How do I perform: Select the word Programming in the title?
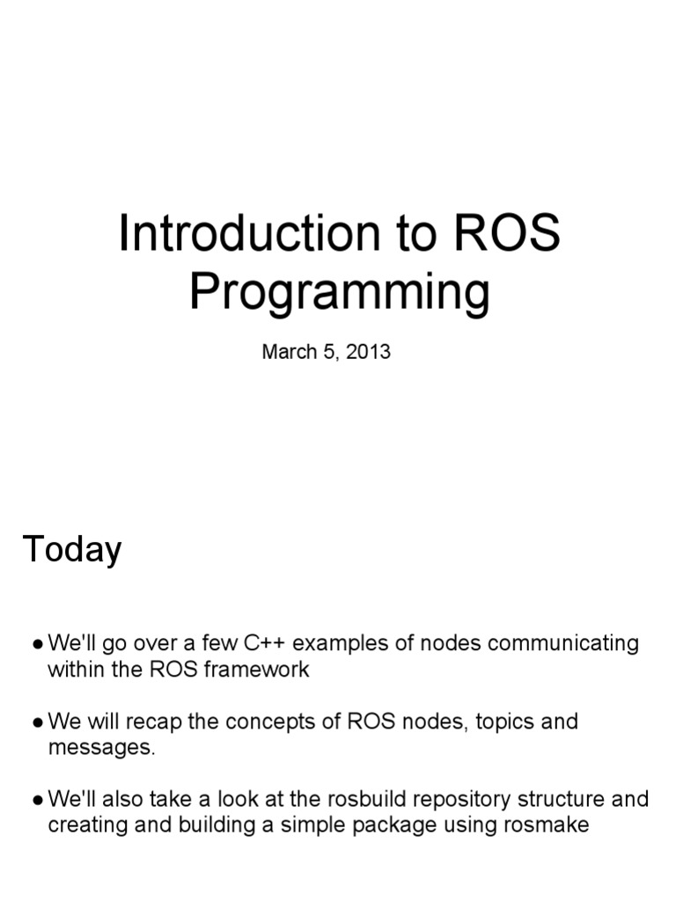(339, 295)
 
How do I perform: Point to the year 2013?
(368, 352)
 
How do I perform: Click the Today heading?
(72, 550)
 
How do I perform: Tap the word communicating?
(563, 643)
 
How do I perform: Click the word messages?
(99, 748)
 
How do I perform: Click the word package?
(404, 825)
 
